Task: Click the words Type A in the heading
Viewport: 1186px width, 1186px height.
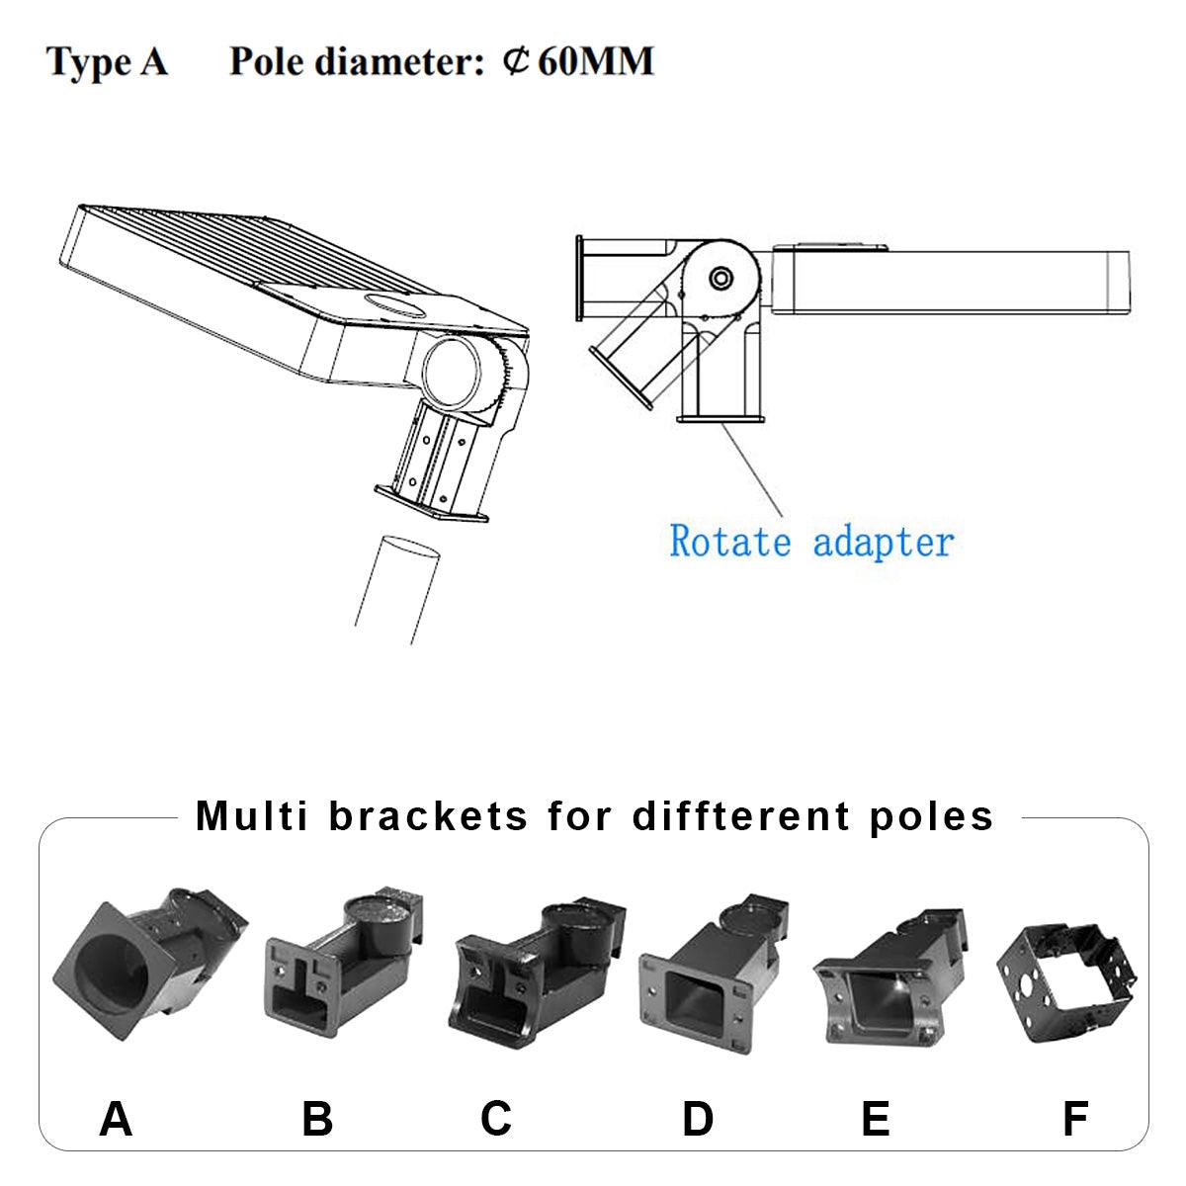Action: pyautogui.click(x=107, y=62)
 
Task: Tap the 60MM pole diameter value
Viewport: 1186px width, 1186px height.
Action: pyautogui.click(x=595, y=61)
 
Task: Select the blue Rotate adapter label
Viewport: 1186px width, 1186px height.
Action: pyautogui.click(x=811, y=542)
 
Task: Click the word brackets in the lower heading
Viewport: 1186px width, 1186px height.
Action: pyautogui.click(x=428, y=816)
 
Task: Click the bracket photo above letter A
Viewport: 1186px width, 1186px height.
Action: pyautogui.click(x=149, y=964)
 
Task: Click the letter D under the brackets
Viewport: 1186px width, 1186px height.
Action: pyautogui.click(x=698, y=1118)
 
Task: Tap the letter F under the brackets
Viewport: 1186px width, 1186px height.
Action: pyautogui.click(x=1074, y=1118)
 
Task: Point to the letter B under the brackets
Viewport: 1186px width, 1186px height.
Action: pyautogui.click(x=317, y=1118)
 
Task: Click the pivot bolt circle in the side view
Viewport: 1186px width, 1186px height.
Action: pyautogui.click(x=720, y=278)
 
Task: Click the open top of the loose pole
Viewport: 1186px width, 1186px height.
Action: pyautogui.click(x=409, y=548)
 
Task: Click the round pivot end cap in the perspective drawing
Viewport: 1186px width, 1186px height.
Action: pyautogui.click(x=451, y=372)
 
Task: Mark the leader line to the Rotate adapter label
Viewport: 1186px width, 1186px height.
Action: pyautogui.click(x=752, y=469)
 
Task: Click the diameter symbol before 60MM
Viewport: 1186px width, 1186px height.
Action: pyautogui.click(x=516, y=61)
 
